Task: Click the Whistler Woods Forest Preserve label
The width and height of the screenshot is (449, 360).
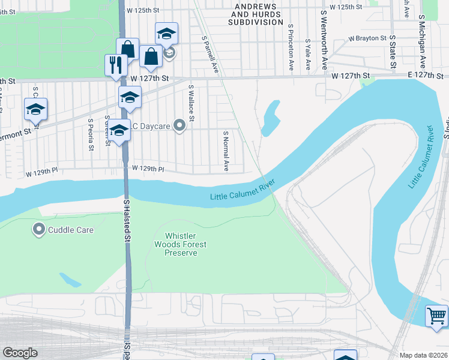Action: pos(180,244)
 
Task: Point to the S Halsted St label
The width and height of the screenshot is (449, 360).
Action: pos(127,221)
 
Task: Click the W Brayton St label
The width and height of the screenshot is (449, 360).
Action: pos(367,38)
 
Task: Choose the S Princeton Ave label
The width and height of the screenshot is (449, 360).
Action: pos(291,47)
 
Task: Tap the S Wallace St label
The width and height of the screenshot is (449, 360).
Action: pos(191,103)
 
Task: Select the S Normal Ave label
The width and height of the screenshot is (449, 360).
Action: pos(226,151)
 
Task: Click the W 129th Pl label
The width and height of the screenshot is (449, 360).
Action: pos(148,169)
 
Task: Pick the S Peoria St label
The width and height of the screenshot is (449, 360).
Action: pos(91,133)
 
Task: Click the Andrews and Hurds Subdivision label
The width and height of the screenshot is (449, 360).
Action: pos(255,14)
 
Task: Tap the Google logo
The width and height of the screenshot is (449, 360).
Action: pos(20,353)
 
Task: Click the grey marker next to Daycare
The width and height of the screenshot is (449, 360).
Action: pos(179,125)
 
